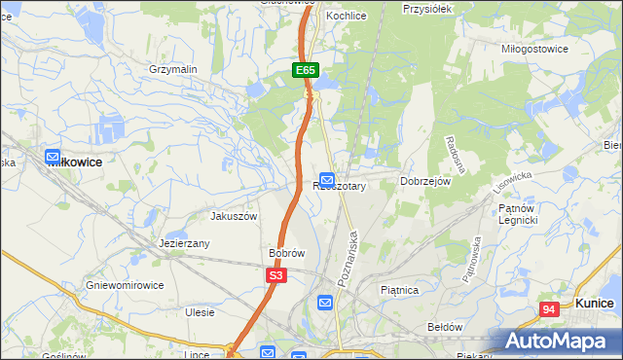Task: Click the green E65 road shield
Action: point(306,70)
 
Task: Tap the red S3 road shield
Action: point(276,276)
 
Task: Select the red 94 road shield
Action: point(550,309)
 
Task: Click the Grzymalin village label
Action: point(173,70)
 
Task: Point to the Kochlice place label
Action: point(346,17)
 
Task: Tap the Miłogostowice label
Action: point(534,48)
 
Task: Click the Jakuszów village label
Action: point(234,216)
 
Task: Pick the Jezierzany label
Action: point(185,244)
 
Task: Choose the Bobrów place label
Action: point(287,253)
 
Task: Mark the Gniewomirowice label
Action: point(124,285)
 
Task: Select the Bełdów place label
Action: point(445,327)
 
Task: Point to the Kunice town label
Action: point(594,304)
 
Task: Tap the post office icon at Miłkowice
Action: point(53,157)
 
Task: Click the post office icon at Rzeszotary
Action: point(327,180)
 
